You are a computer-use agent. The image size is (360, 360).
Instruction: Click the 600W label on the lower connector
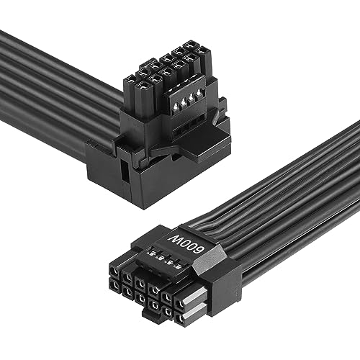click(x=186, y=244)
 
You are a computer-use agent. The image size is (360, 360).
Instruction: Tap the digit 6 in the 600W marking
click(x=199, y=250)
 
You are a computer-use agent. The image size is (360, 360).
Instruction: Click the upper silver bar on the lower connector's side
click(x=194, y=296)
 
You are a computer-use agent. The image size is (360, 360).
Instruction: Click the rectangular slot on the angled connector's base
click(x=124, y=171)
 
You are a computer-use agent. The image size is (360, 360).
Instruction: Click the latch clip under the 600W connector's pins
click(x=150, y=312)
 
